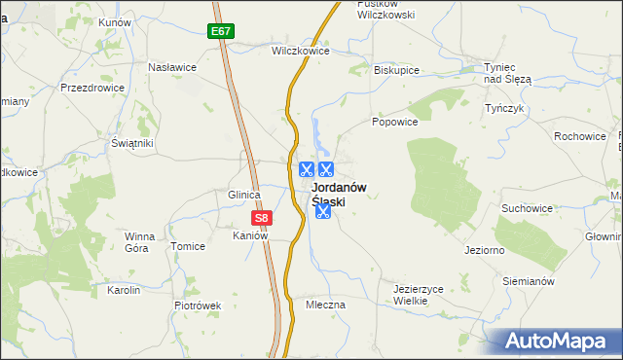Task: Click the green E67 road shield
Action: coord(221,31)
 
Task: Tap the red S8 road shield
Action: coord(260,219)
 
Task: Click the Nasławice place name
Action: coord(172,67)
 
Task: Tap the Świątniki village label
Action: coord(132,143)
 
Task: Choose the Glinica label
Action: coord(243,195)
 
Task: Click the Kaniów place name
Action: coord(249,235)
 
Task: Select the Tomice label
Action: coord(188,246)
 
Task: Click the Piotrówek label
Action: coord(199,305)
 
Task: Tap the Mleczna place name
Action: coord(325,305)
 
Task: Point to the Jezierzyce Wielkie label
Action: coord(419,295)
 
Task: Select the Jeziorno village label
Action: coord(484,249)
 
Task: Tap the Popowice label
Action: coord(394,123)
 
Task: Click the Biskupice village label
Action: coord(396,70)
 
